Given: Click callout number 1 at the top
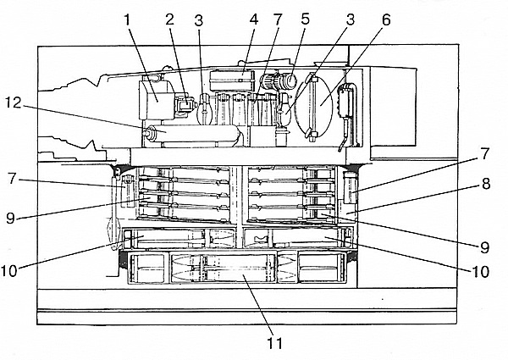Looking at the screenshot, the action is pos(127,19).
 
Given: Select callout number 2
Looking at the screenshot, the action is pos(169,19).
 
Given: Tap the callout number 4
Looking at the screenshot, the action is pos(254,19).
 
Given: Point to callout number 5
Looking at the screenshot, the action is pos(305,19).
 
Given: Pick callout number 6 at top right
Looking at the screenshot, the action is pos(385,19).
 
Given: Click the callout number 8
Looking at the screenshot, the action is pos(486,184).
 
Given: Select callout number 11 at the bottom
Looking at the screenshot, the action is pos(274,343).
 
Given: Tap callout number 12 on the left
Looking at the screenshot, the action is pos(14,103).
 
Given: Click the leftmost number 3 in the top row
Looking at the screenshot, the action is pos(199,20).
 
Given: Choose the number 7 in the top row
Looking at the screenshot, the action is pos(278,19).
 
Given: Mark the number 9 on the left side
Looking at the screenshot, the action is pos(11,219).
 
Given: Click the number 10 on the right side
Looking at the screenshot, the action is pos(481,272).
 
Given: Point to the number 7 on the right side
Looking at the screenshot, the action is pos(484,153).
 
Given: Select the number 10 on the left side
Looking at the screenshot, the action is pos(8,271).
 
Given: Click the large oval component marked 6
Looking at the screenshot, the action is pos(313,106).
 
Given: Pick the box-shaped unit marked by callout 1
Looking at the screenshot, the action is pos(156,100).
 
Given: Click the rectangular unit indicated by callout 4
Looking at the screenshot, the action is pos(231,80).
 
